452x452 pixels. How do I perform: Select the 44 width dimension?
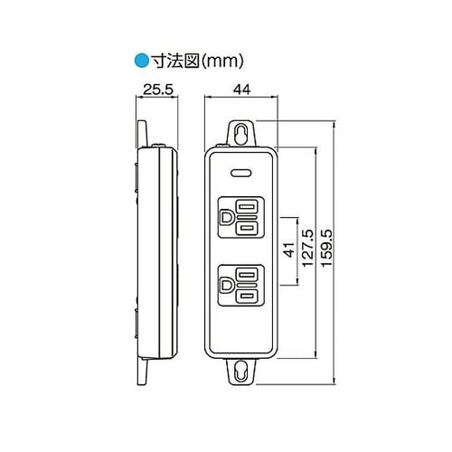click(x=240, y=91)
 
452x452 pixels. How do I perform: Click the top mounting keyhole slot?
click(x=241, y=132)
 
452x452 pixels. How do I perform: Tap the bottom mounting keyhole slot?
click(x=241, y=372)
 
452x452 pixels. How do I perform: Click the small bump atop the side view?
click(x=157, y=145)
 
